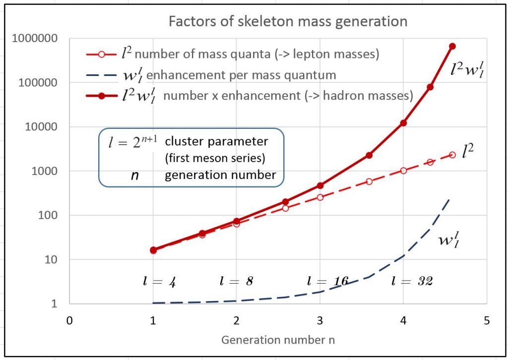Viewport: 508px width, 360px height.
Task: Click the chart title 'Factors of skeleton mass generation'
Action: click(288, 22)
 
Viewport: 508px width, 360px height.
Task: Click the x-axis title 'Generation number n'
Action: click(278, 340)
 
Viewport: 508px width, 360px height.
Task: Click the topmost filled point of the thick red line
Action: click(452, 46)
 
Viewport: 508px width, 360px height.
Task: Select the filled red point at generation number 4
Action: click(403, 122)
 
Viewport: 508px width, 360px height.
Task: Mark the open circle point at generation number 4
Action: click(403, 171)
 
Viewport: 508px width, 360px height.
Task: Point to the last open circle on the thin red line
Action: click(452, 155)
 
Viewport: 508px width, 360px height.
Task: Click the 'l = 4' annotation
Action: click(157, 281)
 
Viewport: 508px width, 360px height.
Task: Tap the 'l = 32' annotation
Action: click(412, 281)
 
